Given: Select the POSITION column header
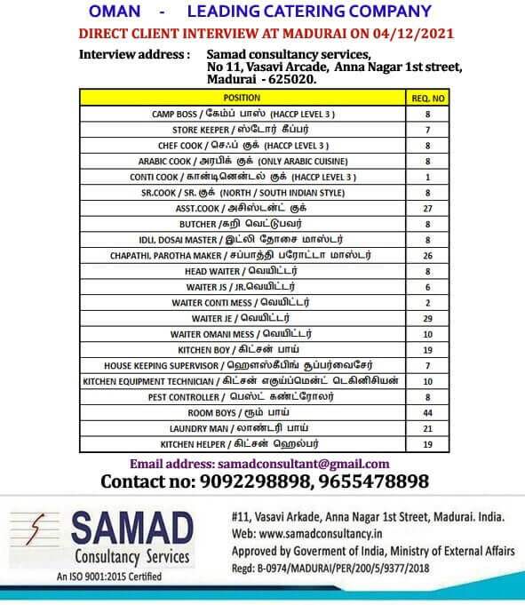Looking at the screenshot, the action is tap(242, 98).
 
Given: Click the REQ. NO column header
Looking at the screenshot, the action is tap(427, 98).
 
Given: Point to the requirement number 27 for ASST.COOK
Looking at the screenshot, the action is tap(427, 208).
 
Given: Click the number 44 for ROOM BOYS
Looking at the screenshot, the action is tap(427, 412).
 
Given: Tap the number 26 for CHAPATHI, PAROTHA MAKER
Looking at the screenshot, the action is tap(427, 255).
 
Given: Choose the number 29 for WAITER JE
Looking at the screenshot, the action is tap(427, 318).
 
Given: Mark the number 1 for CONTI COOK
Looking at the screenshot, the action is tap(427, 177).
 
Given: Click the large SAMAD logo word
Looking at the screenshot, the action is tap(131, 530).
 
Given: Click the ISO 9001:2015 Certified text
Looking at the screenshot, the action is tap(109, 577).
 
